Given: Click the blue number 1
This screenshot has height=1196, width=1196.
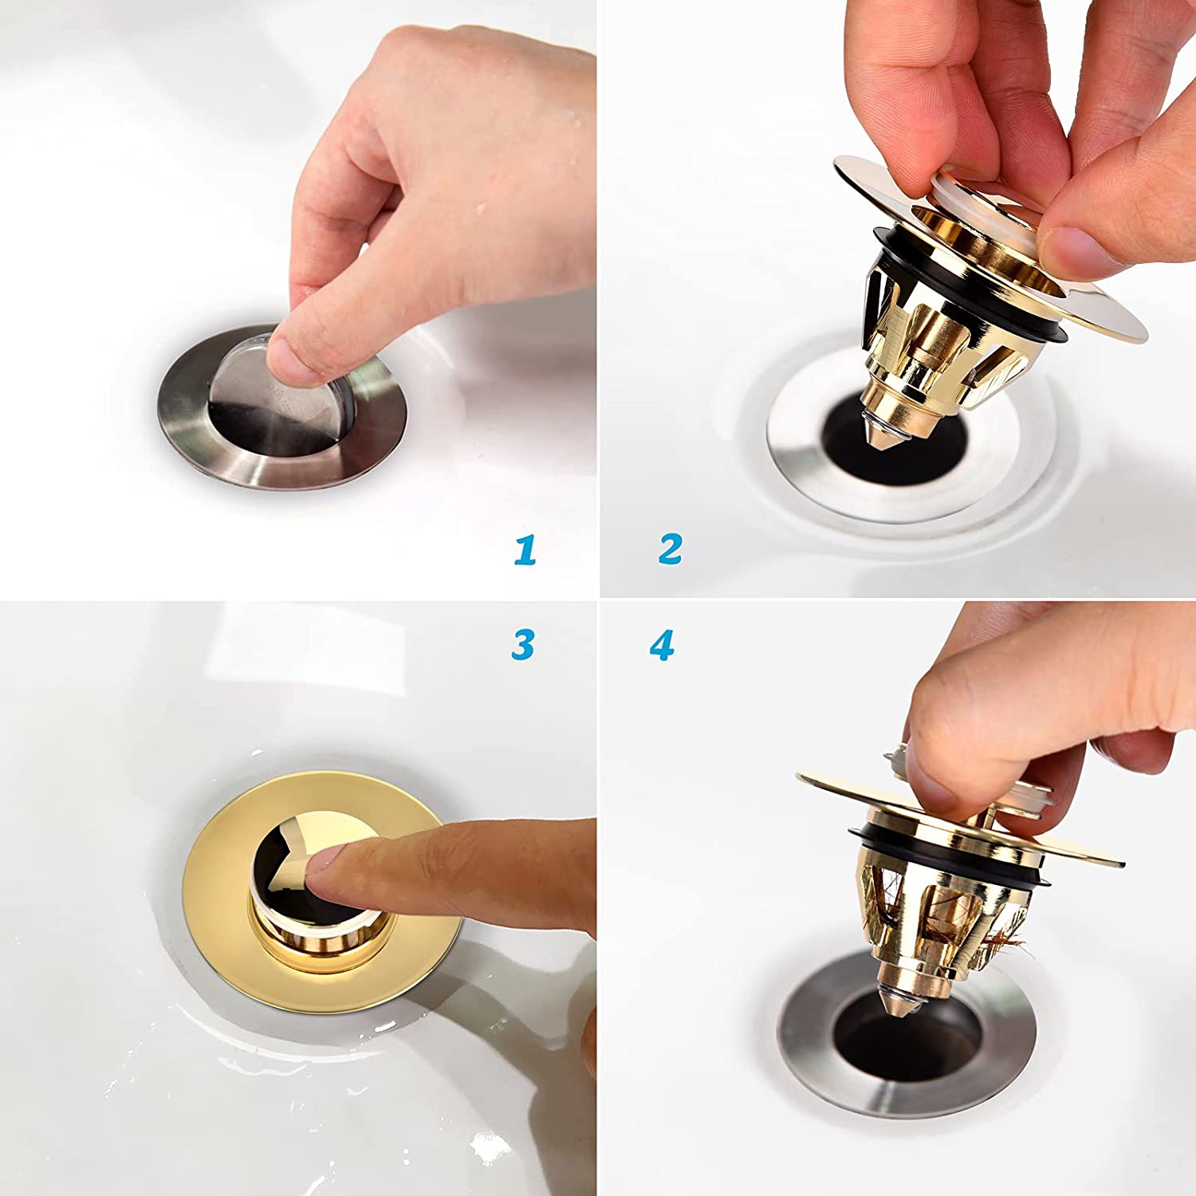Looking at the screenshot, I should pyautogui.click(x=525, y=550).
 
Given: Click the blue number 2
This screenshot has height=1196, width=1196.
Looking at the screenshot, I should pyautogui.click(x=670, y=549).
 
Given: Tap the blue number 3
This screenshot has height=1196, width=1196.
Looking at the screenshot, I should pyautogui.click(x=522, y=644).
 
